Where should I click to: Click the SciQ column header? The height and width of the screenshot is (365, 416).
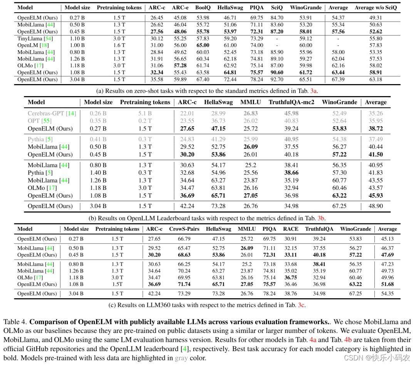[x=277, y=7]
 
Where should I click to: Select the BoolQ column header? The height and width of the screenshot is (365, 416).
[x=203, y=7]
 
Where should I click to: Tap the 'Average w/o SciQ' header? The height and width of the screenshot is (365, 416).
[x=376, y=7]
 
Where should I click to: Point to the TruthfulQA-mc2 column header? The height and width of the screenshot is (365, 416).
[x=291, y=102]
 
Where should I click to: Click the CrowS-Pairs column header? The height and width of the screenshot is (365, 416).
[x=184, y=229]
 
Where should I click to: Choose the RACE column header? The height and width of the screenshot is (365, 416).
[x=290, y=229]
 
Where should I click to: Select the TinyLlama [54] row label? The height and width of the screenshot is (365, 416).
[x=35, y=39]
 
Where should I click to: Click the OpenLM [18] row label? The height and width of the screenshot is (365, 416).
[x=33, y=46]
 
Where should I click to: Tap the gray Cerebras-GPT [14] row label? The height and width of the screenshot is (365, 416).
[x=52, y=113]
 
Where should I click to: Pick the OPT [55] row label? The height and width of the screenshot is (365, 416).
[x=40, y=121]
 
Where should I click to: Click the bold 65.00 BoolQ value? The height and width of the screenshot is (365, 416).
[x=203, y=46]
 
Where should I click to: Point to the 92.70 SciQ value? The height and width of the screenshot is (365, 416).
[x=277, y=79]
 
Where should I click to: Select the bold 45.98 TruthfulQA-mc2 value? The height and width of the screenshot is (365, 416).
[x=291, y=113]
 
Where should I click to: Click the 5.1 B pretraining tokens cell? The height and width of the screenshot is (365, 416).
[x=145, y=113]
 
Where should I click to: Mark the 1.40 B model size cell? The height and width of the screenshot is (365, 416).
[x=98, y=172]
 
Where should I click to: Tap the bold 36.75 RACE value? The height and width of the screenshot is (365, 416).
[x=290, y=277]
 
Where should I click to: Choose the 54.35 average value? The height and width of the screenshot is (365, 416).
[x=387, y=294]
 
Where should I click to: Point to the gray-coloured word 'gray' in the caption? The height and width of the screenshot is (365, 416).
[x=181, y=358]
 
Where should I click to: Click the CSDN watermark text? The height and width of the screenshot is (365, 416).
[x=377, y=358]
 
